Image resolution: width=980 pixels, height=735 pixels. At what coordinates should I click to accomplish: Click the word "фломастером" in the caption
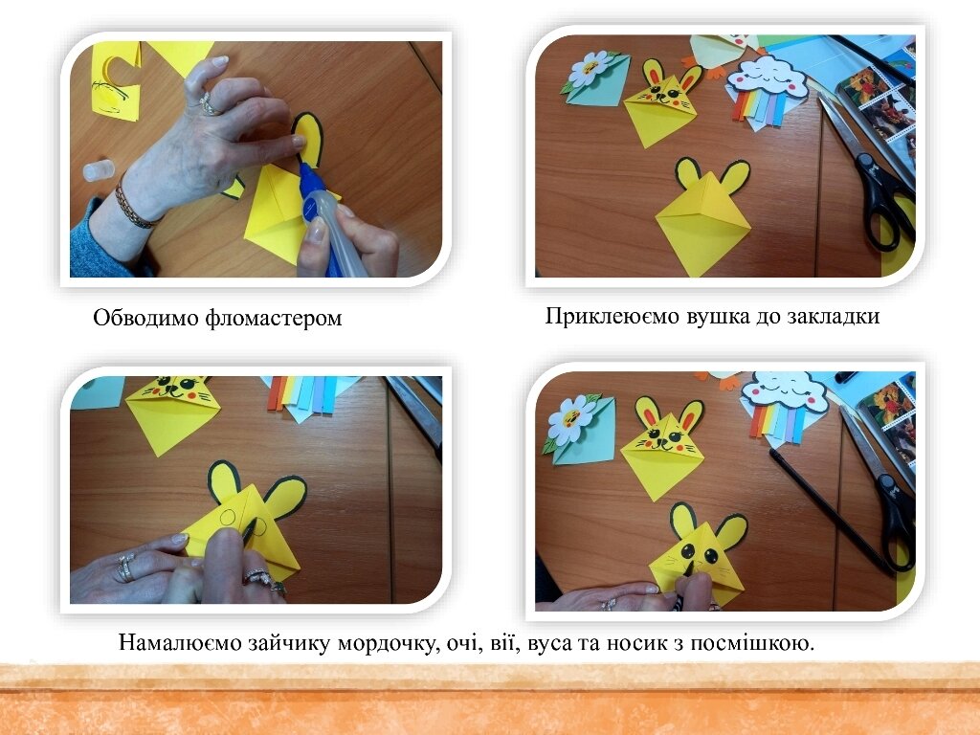[x=273, y=318]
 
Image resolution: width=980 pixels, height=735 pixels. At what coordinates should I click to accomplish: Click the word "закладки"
[x=834, y=316]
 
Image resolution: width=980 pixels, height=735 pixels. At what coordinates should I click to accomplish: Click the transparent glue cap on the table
[x=100, y=170]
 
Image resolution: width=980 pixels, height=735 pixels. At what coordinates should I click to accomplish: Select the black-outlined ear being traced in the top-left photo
[x=308, y=140]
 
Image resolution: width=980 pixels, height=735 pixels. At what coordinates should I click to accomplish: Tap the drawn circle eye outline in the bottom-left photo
[x=228, y=517]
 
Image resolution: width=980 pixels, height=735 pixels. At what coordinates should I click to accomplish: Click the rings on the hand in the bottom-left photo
[x=126, y=567]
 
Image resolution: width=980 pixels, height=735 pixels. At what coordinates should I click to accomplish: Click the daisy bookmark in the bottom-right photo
[x=579, y=428]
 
